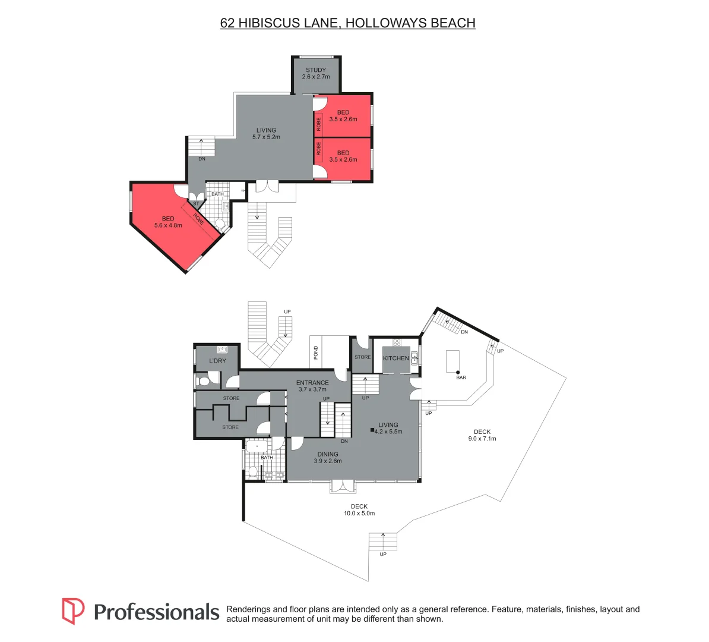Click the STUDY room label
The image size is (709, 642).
pyautogui.click(x=316, y=70)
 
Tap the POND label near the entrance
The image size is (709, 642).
pyautogui.click(x=316, y=353)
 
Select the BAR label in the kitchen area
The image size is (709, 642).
pyautogui.click(x=461, y=377)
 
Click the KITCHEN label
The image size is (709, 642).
pyautogui.click(x=396, y=358)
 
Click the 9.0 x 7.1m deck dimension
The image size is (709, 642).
pyautogui.click(x=482, y=439)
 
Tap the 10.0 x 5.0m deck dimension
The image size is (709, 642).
pyautogui.click(x=359, y=513)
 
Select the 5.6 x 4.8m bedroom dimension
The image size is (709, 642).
pyautogui.click(x=168, y=225)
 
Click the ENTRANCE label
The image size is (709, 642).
pyautogui.click(x=312, y=383)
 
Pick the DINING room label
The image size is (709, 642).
pyautogui.click(x=328, y=454)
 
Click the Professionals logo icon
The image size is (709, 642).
pyautogui.click(x=74, y=611)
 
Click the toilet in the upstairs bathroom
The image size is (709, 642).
pyautogui.click(x=219, y=224)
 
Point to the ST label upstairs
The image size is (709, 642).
pyautogui.click(x=196, y=203)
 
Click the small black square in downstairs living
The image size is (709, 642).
pyautogui.click(x=373, y=431)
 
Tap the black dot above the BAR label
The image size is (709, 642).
pyautogui.click(x=458, y=372)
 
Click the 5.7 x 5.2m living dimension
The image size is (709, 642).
pyautogui.click(x=266, y=137)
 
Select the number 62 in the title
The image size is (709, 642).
pyautogui.click(x=227, y=23)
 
